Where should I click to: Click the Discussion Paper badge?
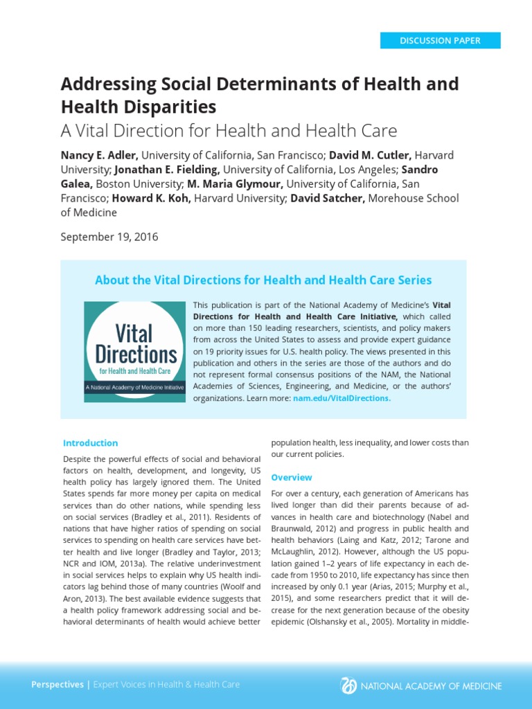(x=440, y=40)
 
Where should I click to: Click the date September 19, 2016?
(x=109, y=237)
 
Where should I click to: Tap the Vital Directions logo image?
(x=135, y=352)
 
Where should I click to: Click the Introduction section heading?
(x=91, y=443)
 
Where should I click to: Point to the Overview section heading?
(x=292, y=478)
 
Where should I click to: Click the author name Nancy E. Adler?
(x=100, y=155)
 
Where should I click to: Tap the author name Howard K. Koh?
(x=151, y=199)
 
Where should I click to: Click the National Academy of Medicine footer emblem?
(x=348, y=685)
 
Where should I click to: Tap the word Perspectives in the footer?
(x=57, y=685)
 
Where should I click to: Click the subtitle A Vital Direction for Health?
(x=229, y=131)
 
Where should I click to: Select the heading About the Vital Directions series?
(x=263, y=280)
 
